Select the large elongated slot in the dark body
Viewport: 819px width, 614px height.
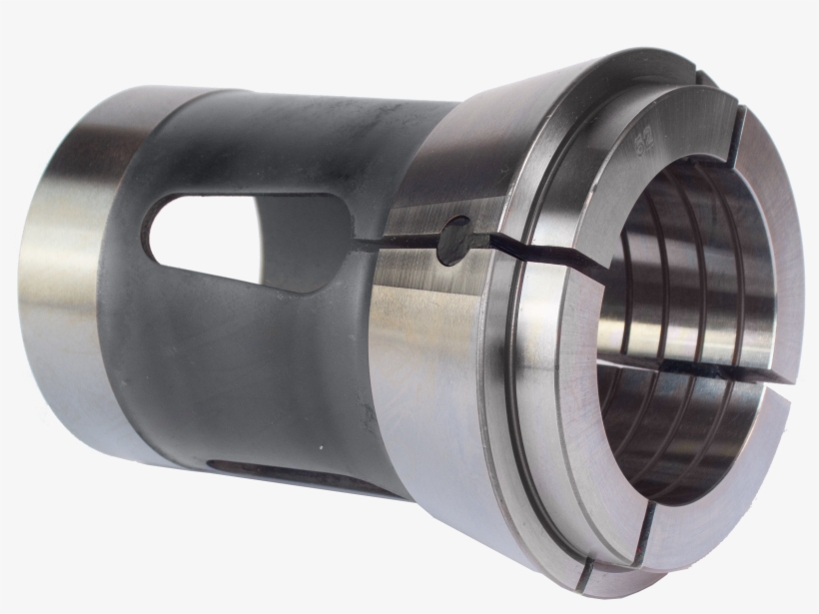point(250,240)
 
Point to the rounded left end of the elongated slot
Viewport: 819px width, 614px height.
point(160,226)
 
